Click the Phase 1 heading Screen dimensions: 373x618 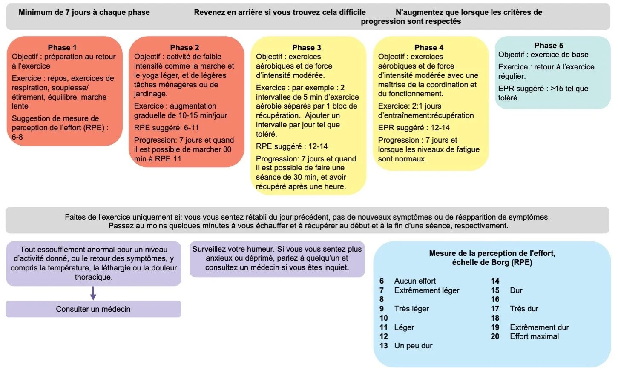tap(62, 47)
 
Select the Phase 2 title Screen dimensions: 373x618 tap(184, 47)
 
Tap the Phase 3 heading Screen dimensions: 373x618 tap(307, 47)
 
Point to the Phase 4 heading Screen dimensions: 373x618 tap(429, 47)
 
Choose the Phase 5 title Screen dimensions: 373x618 tap(549, 45)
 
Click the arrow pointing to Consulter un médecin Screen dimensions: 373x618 tap(93, 293)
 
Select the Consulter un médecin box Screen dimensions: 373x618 tap(93, 309)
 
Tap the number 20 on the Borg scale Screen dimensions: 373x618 tap(495, 336)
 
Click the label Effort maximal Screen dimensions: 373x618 tap(534, 336)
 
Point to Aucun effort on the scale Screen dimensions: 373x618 tap(415, 281)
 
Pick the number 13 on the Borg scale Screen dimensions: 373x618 tap(384, 346)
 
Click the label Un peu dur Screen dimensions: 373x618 tap(413, 346)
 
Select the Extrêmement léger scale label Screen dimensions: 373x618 tap(427, 290)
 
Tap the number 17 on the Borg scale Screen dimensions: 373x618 tap(495, 309)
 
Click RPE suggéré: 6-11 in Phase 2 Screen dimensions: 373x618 tap(167, 128)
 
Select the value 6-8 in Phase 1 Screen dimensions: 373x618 tap(17, 137)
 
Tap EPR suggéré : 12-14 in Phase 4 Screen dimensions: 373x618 tap(414, 128)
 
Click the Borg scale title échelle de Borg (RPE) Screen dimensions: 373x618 tap(492, 262)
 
